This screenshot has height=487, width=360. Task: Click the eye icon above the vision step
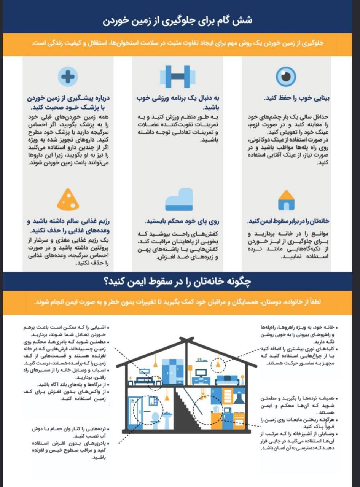(x=286, y=76)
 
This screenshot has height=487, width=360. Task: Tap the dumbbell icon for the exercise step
(x=177, y=76)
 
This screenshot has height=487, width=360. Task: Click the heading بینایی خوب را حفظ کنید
(x=296, y=98)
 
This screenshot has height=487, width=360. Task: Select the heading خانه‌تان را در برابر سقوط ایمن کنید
(x=288, y=221)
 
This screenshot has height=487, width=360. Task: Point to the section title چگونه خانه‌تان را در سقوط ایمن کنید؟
(x=178, y=282)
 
